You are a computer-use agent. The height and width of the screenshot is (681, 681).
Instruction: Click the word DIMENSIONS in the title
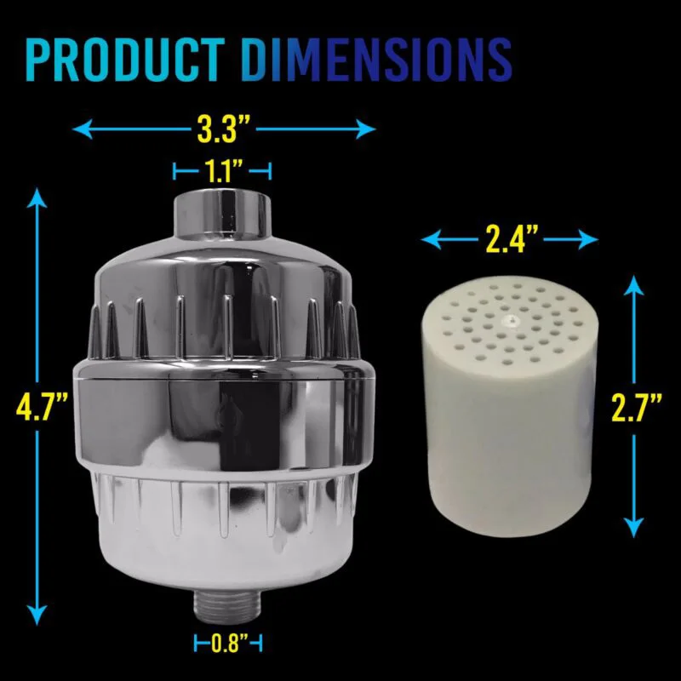click(376, 60)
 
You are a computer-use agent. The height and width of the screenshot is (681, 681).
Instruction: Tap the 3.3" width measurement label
click(224, 129)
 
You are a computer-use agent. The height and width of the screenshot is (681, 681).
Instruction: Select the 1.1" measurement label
click(223, 171)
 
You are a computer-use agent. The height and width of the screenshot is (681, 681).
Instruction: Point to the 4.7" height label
click(42, 407)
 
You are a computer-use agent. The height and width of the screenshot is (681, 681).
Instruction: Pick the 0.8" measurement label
click(229, 643)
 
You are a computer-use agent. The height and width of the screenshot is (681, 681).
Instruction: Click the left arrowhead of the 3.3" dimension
click(83, 129)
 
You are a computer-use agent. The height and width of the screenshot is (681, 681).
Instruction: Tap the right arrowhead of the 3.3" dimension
click(366, 129)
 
